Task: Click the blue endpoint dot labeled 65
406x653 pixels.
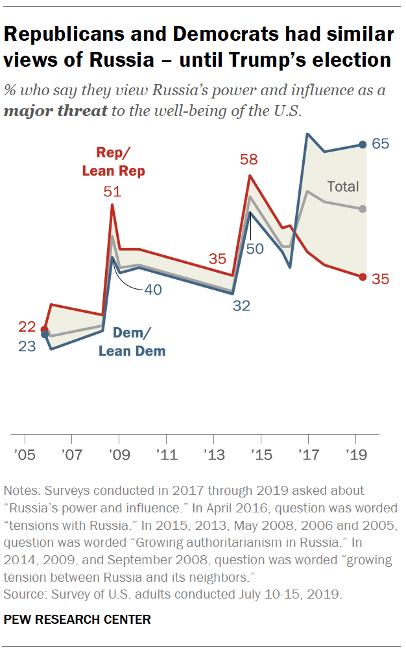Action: [363, 145]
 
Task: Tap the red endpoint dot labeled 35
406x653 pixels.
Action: [363, 277]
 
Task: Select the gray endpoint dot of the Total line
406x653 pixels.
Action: [363, 209]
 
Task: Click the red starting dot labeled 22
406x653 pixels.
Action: [44, 330]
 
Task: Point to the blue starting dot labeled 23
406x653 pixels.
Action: [44, 335]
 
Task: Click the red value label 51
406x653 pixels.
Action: [112, 192]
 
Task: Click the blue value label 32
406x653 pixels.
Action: [241, 306]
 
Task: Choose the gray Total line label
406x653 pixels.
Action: [342, 187]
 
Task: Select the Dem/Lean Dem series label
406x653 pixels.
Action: [132, 342]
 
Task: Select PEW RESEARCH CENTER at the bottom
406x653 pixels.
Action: [77, 619]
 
